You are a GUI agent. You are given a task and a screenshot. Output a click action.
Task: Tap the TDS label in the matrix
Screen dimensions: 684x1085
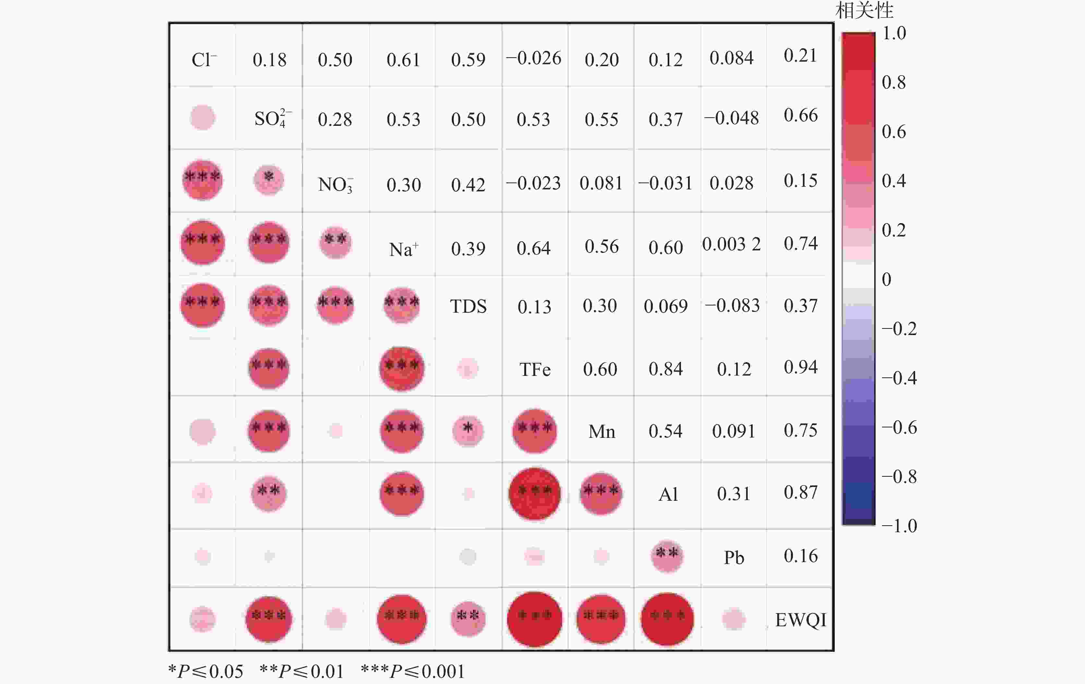(x=468, y=307)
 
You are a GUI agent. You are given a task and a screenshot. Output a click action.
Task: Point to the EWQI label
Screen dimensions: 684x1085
(x=800, y=620)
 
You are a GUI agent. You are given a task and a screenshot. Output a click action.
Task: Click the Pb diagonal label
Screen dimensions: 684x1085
(x=733, y=558)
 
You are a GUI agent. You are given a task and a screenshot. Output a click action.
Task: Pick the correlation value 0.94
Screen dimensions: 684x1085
(x=800, y=367)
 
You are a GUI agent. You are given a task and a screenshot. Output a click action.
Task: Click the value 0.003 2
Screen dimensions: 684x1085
(x=731, y=244)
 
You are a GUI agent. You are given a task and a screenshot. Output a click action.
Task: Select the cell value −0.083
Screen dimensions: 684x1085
(x=732, y=306)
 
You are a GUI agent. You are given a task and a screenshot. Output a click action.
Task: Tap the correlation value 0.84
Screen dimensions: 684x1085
(x=665, y=369)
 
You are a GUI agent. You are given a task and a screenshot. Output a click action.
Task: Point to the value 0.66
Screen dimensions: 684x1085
(x=800, y=115)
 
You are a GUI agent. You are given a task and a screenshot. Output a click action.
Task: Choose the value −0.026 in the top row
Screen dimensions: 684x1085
(x=533, y=58)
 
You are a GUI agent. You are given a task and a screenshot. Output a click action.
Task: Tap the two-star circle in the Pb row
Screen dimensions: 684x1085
(x=667, y=556)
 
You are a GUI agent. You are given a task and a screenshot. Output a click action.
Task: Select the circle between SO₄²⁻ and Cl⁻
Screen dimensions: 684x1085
(x=202, y=118)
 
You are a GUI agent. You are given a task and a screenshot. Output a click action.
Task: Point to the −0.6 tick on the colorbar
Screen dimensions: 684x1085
(x=899, y=427)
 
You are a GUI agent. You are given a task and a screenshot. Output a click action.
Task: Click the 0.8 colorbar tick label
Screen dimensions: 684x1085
(x=893, y=82)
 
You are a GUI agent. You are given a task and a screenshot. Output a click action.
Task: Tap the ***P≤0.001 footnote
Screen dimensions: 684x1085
(x=412, y=671)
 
